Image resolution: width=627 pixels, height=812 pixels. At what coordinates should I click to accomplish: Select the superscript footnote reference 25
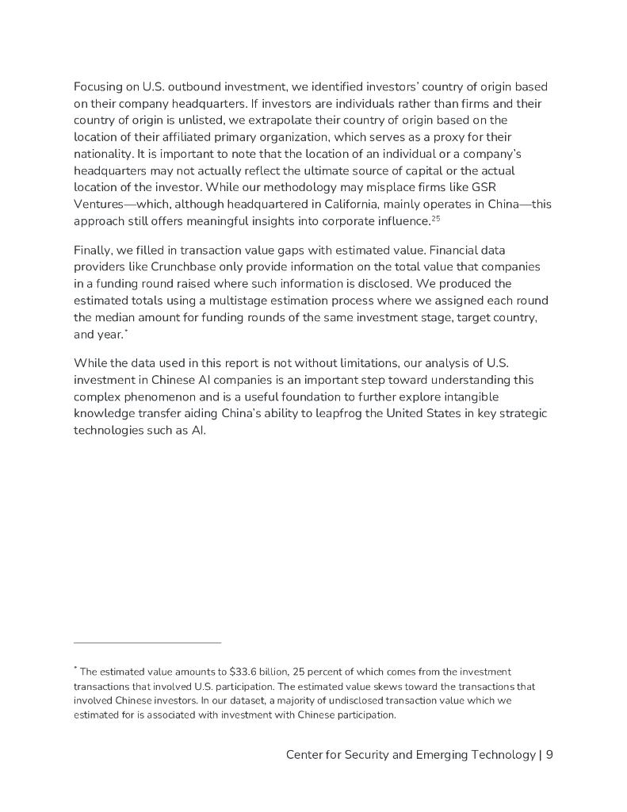click(x=435, y=217)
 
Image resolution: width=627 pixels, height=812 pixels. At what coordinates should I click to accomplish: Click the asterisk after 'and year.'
click(x=127, y=331)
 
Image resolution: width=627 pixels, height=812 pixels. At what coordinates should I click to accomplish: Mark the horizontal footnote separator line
click(x=147, y=642)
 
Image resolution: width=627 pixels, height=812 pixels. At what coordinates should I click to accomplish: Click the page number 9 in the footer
click(x=549, y=755)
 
